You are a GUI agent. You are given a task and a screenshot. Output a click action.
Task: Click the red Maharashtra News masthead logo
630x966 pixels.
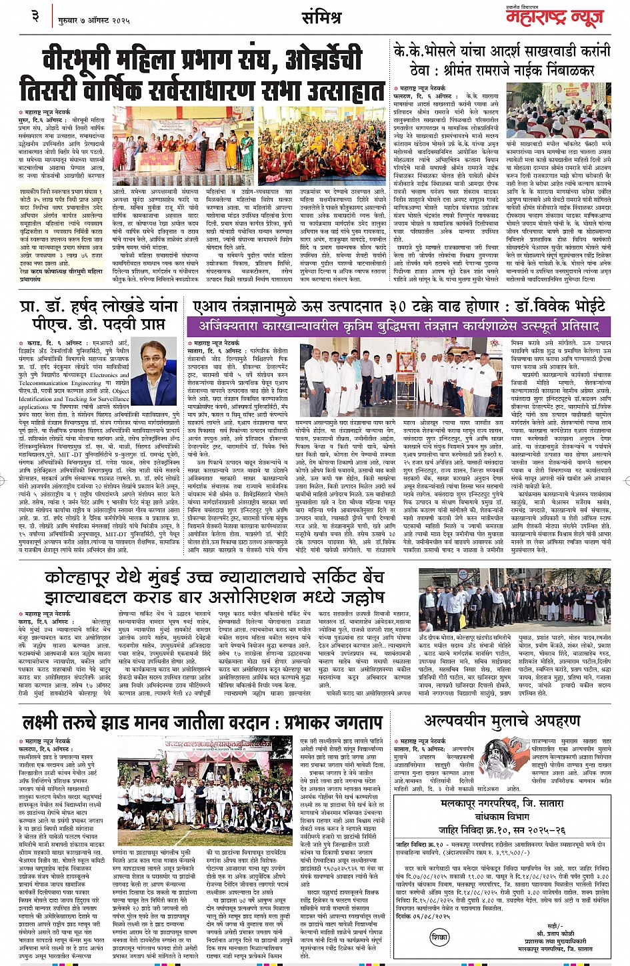click(x=555, y=18)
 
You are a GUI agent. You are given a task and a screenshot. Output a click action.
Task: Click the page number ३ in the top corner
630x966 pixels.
click(x=35, y=15)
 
